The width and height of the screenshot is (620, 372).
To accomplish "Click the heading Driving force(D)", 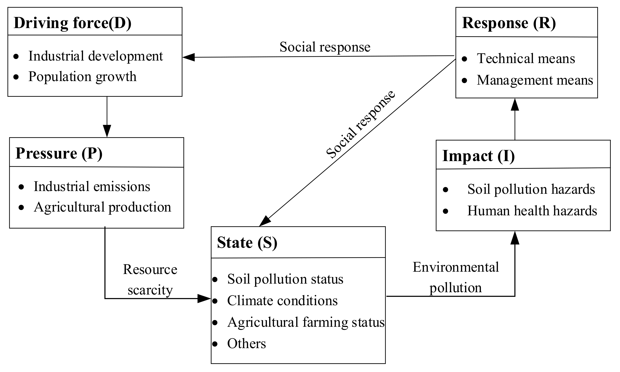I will tap(72, 23).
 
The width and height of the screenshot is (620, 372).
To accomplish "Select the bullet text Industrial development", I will tap(95, 56).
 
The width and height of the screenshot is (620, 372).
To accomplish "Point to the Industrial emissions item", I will tap(92, 187).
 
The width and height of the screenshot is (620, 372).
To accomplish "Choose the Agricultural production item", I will tap(102, 207).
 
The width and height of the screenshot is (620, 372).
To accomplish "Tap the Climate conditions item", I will tap(282, 301).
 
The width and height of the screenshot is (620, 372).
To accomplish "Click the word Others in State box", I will tap(246, 344).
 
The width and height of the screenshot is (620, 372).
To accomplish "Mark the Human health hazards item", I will tap(532, 211).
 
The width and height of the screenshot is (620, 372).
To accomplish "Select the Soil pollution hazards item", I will tap(531, 189).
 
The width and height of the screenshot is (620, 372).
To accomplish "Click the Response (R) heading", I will tap(509, 23).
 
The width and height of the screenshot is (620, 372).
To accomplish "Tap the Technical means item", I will tap(526, 58).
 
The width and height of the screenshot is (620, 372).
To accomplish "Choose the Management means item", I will tap(535, 80).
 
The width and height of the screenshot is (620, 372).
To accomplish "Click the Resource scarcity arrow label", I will tap(150, 280).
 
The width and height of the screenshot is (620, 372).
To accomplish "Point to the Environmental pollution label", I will tap(455, 278).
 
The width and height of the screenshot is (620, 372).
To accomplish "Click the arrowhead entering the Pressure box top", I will tap(107, 131).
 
